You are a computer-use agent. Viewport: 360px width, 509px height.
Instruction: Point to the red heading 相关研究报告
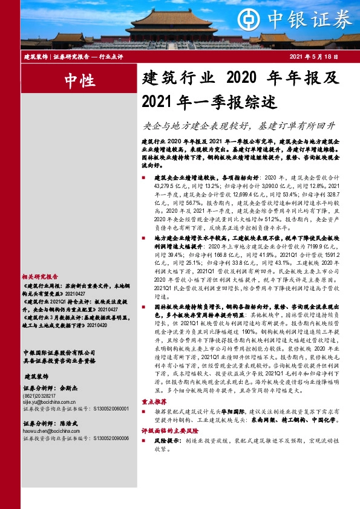click(40, 258)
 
